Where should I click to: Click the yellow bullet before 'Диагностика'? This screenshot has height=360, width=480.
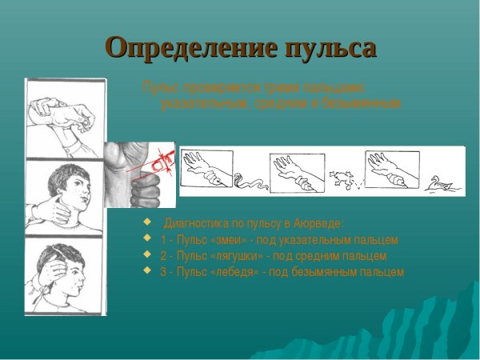click(146, 222)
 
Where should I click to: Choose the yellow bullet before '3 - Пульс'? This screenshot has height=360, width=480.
click(146, 271)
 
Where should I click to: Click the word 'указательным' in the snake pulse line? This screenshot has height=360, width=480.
click(329, 240)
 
